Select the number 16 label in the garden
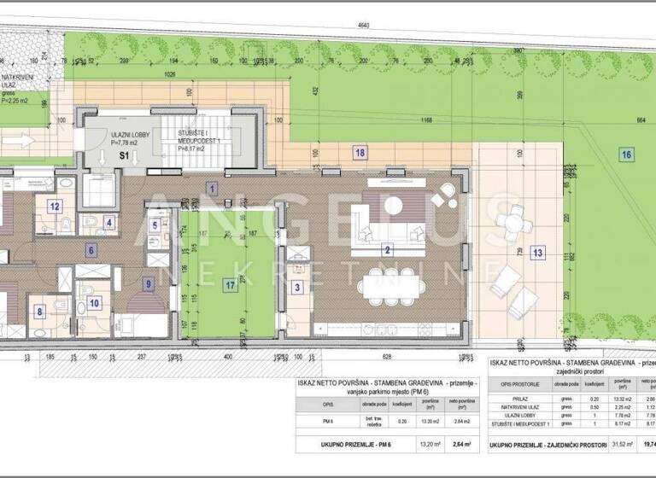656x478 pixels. click(x=627, y=154)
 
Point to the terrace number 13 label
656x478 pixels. click(x=536, y=253)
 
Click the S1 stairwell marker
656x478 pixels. click(x=123, y=156)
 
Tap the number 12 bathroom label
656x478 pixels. click(x=54, y=206)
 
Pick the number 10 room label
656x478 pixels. click(x=94, y=301)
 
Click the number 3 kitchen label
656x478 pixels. click(x=296, y=288)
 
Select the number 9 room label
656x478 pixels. click(x=147, y=283)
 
